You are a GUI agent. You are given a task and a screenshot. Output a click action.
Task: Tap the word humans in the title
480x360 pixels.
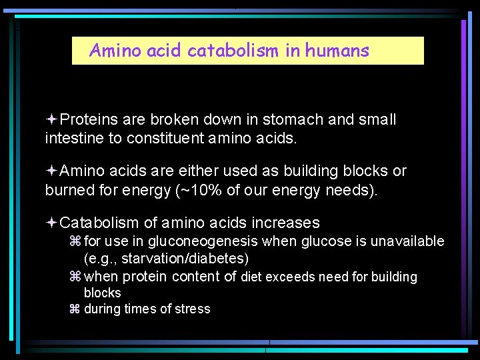pyautogui.click(x=337, y=51)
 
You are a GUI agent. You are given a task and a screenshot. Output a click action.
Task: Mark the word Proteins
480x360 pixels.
pyautogui.click(x=89, y=119)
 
